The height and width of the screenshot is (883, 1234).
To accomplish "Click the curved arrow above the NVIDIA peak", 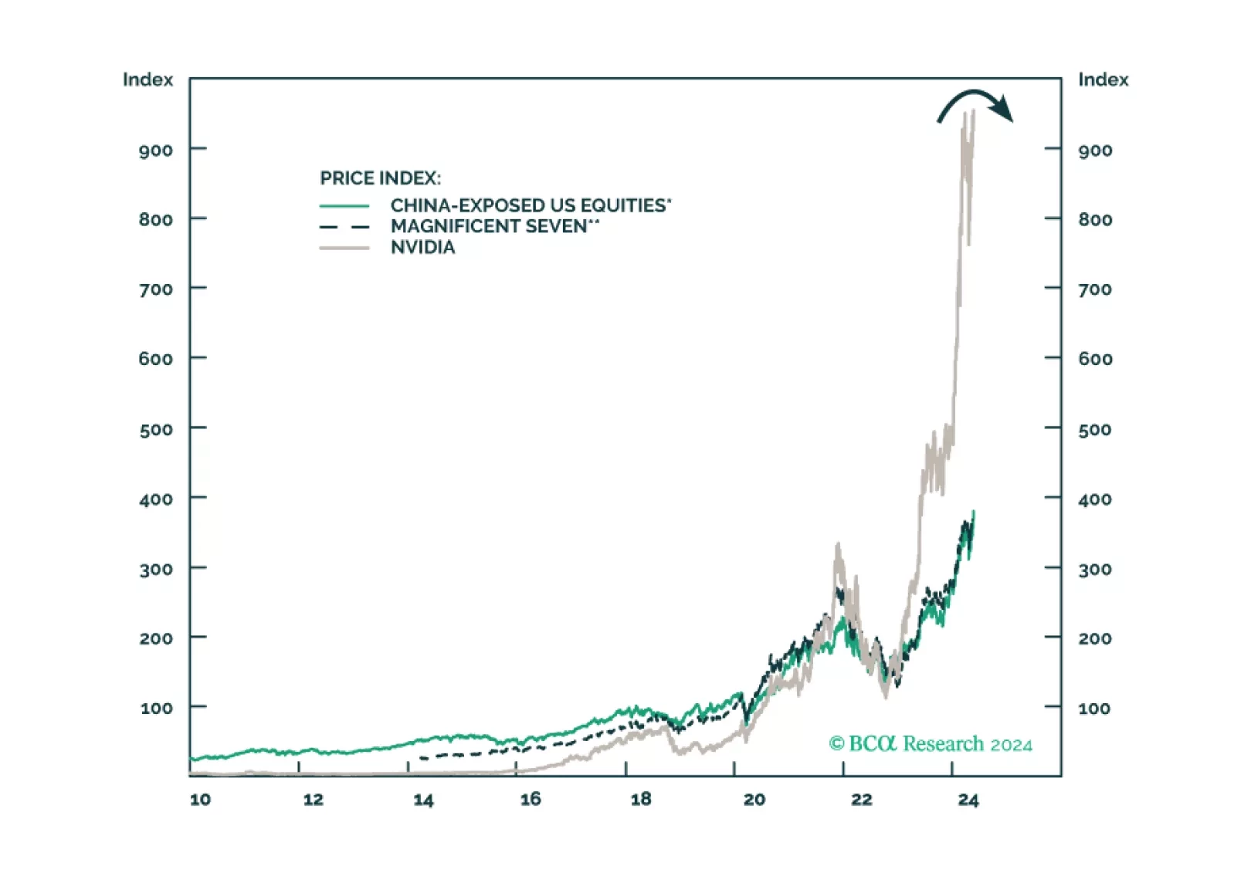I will coord(975,104).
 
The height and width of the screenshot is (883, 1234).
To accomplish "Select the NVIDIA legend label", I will coord(422,248).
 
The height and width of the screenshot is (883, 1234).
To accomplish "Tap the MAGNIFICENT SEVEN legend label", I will coord(489,227).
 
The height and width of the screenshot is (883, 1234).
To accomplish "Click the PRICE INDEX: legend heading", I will coord(380,178).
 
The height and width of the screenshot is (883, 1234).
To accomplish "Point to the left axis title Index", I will coord(147,80).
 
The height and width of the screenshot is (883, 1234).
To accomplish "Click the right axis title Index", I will coord(1103,80).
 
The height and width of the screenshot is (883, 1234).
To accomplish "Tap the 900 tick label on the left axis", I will coord(155,151).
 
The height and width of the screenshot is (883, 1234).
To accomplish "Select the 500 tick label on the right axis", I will coord(1095,430).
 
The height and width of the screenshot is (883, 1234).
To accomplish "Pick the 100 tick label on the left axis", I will coord(156,709).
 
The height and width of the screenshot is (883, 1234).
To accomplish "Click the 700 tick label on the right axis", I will coord(1095,290).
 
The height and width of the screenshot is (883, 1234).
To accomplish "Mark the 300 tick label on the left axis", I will coord(156,570).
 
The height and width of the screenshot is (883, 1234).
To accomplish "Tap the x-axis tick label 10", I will coord(200,800).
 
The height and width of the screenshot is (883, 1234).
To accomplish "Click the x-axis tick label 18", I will coord(641,800).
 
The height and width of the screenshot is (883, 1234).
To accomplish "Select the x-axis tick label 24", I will coord(968,800).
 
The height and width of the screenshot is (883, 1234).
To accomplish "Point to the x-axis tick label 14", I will coord(423,800).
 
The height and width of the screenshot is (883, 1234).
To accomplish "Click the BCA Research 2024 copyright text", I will coord(931,744).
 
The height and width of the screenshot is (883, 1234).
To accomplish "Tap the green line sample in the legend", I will coord(344,206).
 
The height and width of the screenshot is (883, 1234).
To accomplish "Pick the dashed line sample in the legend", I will coord(344,227).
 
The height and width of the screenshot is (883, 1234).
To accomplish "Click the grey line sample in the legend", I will coord(344,248).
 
